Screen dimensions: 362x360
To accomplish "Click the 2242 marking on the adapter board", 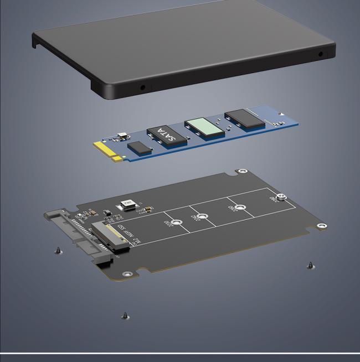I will [x=194, y=218].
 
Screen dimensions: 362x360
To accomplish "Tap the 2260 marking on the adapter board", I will [x=234, y=209].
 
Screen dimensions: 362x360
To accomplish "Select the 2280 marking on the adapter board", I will [x=274, y=198].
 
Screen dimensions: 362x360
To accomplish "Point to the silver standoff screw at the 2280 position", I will [x=281, y=197].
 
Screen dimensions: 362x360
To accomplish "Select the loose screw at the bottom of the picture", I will [x=126, y=317].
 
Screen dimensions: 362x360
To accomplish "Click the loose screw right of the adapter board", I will [x=310, y=266].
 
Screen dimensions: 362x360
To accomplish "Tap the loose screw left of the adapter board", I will [x=58, y=251].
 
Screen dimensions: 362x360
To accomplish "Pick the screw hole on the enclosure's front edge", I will [x=142, y=87].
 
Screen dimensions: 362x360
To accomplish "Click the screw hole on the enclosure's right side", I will [x=321, y=54].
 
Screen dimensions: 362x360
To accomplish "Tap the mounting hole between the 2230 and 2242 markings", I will [x=203, y=216].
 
